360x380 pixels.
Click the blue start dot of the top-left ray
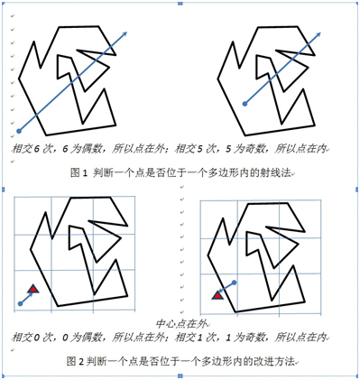point(19,131)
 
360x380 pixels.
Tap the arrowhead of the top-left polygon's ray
point(125,33)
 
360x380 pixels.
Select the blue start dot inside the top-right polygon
point(245,104)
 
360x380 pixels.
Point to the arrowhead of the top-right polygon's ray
point(318,34)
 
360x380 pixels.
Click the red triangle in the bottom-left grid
point(33,289)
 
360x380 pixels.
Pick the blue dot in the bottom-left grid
point(20,304)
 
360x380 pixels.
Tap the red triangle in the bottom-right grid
point(217,295)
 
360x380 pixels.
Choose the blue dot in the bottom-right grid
point(235,283)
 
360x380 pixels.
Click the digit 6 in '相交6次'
point(37,149)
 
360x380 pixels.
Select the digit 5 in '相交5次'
point(200,149)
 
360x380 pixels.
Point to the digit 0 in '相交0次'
point(37,338)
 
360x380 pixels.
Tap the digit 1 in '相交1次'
point(200,338)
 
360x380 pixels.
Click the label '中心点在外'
point(181,324)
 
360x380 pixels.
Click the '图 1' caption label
point(78,173)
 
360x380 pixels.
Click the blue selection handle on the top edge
point(180,4)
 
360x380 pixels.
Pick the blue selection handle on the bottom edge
point(180,376)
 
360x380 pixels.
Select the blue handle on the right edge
point(357,190)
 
